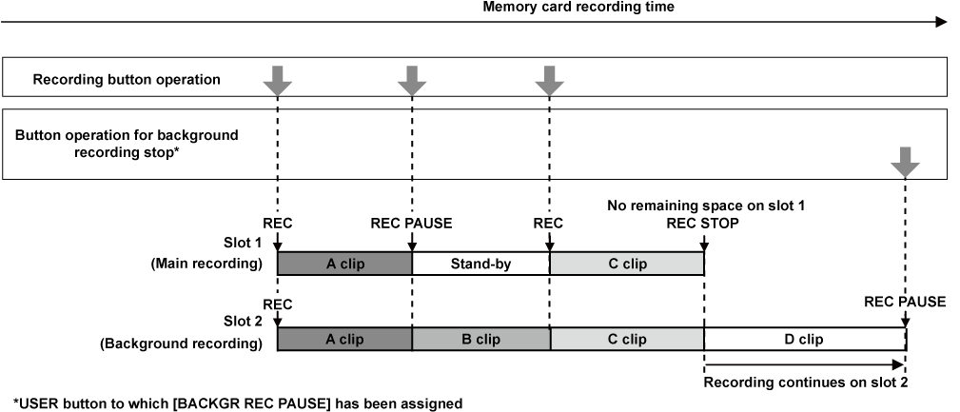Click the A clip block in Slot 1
(343, 264)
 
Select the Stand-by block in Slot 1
(480, 264)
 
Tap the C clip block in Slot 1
(626, 264)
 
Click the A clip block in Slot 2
(343, 340)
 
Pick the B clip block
(480, 340)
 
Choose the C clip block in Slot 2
(626, 340)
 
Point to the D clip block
(804, 340)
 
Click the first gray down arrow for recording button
(276, 81)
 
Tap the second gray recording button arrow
(412, 81)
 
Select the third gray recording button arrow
(549, 81)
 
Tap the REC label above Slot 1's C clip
(549, 224)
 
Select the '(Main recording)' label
(206, 264)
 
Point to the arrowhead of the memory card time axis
(942, 21)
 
